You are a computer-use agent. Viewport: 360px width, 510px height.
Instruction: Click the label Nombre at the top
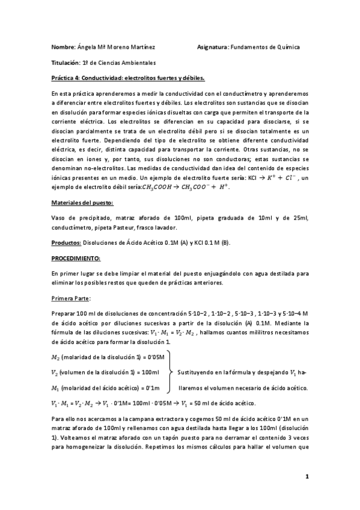63,47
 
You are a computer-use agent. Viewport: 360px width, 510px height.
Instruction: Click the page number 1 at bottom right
307,477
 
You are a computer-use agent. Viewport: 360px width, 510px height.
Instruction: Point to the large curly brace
169,372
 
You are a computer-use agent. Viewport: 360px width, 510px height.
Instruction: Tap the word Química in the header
287,47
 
